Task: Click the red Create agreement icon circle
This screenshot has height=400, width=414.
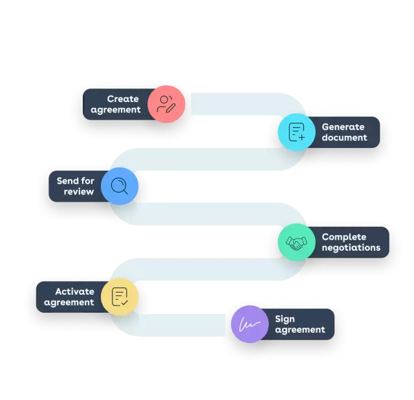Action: click(166, 105)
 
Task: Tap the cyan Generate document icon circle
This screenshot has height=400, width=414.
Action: click(297, 132)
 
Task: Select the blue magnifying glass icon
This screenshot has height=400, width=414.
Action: click(120, 186)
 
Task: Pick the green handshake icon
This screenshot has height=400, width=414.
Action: click(297, 242)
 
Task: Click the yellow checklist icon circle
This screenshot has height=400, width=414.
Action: click(120, 297)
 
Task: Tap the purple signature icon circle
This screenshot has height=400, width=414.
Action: click(250, 324)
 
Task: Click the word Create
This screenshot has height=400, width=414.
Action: click(123, 99)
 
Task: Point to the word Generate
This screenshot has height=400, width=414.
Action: click(343, 127)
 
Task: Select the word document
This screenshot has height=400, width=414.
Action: click(344, 138)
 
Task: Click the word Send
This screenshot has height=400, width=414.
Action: click(67, 181)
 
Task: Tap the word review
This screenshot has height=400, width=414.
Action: click(79, 192)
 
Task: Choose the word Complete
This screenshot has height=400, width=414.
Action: click(343, 237)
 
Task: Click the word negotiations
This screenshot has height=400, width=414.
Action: click(351, 248)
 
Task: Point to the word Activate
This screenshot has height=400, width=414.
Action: click(74, 291)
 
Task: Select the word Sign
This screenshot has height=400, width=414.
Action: click(285, 319)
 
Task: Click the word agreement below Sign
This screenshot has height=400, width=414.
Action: click(300, 330)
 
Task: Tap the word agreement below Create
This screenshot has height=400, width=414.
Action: click(116, 110)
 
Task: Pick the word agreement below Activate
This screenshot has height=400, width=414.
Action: click(69, 302)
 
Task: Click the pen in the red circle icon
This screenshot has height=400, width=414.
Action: click(171, 108)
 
